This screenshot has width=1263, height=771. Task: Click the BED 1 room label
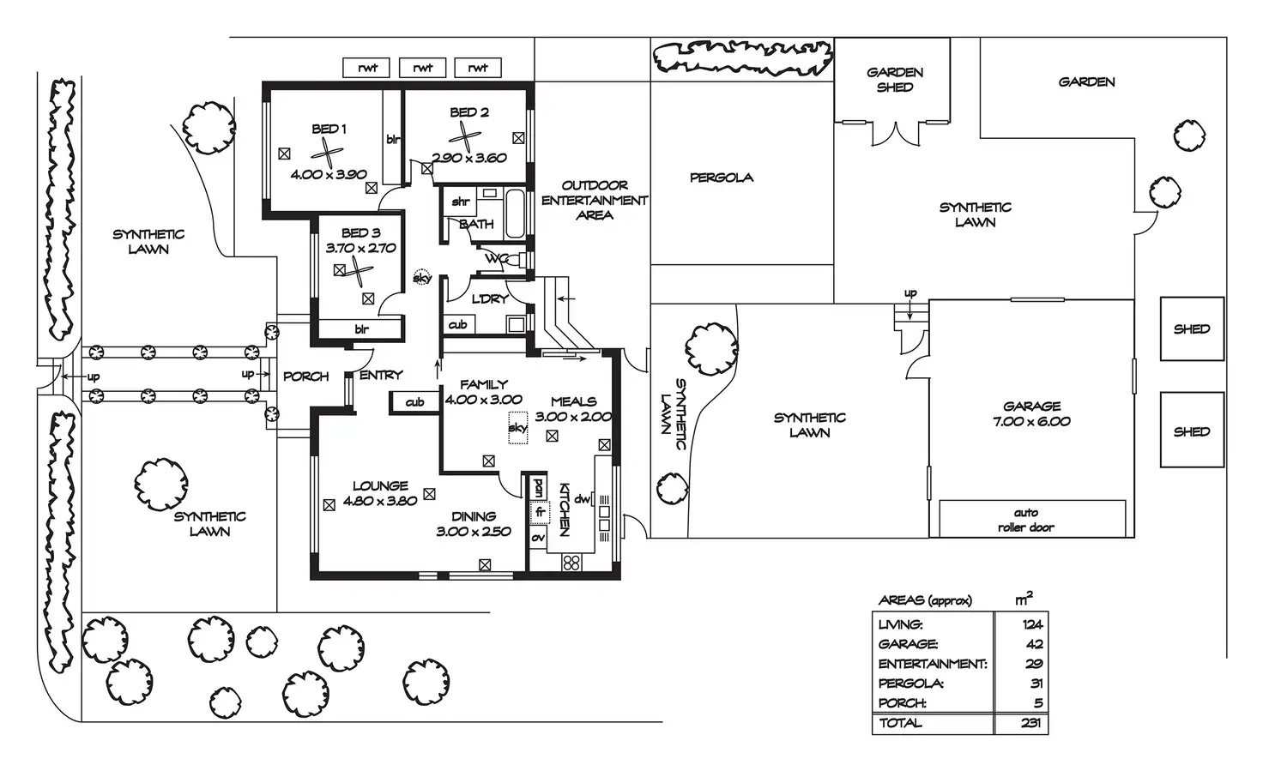(x=329, y=129)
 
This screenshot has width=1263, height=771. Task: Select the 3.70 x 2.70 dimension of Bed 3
(x=360, y=249)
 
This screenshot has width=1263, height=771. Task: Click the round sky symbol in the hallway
(x=421, y=278)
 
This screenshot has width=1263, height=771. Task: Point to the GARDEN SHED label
(x=894, y=80)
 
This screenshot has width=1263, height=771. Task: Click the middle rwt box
(x=423, y=68)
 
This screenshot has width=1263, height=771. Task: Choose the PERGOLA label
(x=722, y=178)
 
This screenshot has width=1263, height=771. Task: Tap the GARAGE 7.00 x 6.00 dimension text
(x=1031, y=422)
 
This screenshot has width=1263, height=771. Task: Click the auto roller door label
(x=1026, y=521)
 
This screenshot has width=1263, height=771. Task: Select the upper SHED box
(x=1192, y=328)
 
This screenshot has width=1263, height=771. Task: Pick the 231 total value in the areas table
(x=1031, y=723)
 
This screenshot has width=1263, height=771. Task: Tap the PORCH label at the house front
(x=305, y=376)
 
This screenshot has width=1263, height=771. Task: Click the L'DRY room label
(x=490, y=299)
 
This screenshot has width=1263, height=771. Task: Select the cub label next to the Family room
(x=415, y=402)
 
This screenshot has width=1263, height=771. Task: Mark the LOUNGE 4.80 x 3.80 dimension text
(x=380, y=502)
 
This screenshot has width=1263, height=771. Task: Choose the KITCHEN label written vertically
(x=565, y=509)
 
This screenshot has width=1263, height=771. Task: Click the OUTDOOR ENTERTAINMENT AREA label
(x=595, y=200)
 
